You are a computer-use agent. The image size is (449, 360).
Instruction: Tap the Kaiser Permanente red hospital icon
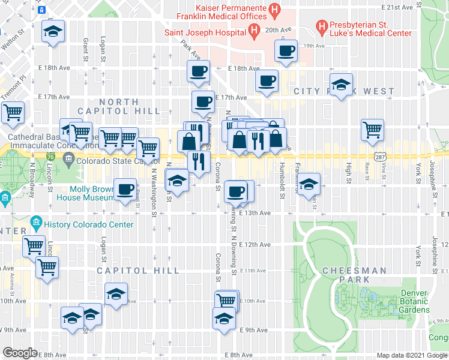click(274, 9)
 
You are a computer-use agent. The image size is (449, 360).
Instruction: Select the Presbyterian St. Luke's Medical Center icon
click(322, 26)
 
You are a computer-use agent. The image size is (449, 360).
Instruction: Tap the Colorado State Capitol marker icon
click(70, 160)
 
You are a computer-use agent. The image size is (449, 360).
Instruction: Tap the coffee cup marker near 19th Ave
click(286, 51)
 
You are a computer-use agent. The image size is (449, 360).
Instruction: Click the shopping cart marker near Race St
click(372, 128)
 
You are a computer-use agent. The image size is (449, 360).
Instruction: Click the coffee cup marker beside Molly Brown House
click(125, 190)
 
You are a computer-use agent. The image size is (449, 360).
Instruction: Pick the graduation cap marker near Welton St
click(53, 31)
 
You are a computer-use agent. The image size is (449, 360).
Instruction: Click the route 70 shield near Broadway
click(51, 156)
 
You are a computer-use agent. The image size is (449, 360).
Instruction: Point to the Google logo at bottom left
click(20, 353)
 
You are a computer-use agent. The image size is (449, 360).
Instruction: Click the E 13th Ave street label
click(255, 212)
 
